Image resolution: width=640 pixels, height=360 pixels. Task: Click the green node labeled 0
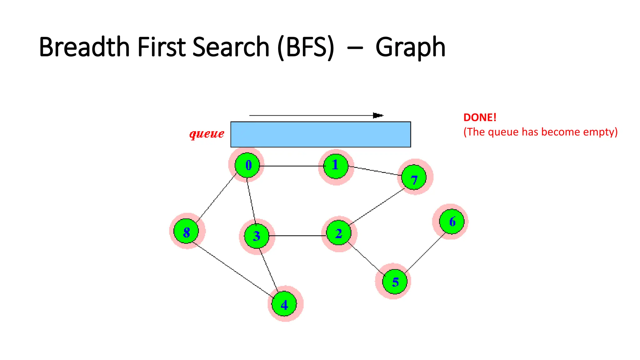(247, 165)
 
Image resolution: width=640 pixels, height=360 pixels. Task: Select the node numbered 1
(336, 166)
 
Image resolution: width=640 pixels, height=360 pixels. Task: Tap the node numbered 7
(414, 177)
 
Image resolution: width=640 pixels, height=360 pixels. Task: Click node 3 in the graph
(257, 236)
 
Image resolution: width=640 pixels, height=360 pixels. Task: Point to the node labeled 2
(339, 233)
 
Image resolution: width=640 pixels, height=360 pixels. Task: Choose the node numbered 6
(452, 222)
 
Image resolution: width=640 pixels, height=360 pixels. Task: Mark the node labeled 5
(395, 282)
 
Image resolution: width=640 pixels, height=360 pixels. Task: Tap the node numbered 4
(284, 304)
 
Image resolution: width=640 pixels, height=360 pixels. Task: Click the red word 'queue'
(207, 134)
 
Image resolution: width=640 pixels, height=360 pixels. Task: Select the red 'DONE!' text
(480, 117)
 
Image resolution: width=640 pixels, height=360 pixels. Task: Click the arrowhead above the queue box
(378, 116)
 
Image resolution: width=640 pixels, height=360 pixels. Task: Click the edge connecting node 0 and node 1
(292, 166)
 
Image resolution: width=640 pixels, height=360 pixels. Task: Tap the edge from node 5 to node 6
(425, 252)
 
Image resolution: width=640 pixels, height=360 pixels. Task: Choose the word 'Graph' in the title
(410, 47)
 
